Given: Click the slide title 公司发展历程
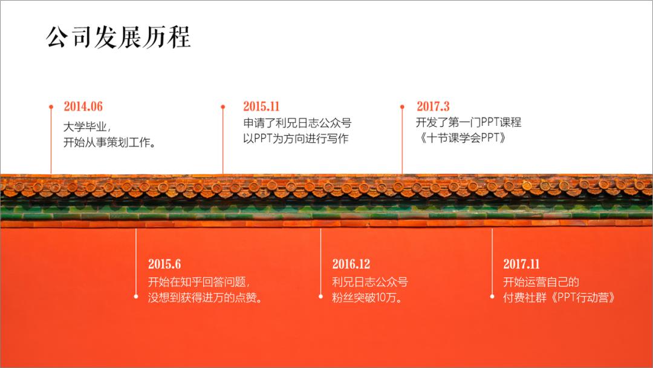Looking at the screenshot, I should click(119, 38).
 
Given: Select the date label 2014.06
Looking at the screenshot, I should click(83, 107).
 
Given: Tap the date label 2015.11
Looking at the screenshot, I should click(261, 107).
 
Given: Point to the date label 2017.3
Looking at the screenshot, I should click(433, 107).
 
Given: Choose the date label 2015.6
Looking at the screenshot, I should click(164, 264).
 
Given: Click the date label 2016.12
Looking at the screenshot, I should click(351, 264).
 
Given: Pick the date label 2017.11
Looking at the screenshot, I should click(521, 264).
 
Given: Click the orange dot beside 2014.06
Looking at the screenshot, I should click(51, 107).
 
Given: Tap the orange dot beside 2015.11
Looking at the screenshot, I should click(223, 107).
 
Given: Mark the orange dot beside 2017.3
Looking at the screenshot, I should click(402, 107).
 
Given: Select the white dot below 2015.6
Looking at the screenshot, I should click(135, 297).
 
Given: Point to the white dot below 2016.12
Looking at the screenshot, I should click(320, 297).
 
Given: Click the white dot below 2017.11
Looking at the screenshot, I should click(492, 297).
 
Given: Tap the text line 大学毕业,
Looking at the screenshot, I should click(87, 126).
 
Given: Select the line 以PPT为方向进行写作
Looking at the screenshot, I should click(296, 139).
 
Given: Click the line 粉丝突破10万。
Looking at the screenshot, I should click(368, 298).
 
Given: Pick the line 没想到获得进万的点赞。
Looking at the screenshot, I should click(206, 298).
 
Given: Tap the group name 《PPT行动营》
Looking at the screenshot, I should click(580, 298).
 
